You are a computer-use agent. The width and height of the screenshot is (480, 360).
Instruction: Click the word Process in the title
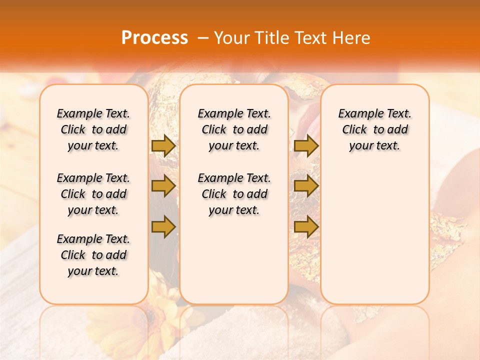tap(154, 38)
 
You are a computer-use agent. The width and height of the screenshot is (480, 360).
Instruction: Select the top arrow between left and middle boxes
tap(163, 145)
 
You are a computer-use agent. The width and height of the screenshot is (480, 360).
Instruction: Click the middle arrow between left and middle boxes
tap(163, 186)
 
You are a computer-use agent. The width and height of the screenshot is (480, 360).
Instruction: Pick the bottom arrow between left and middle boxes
tap(163, 227)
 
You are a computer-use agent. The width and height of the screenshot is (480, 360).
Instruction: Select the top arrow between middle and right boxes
tap(306, 145)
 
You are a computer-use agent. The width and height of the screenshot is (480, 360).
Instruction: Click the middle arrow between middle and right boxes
tap(306, 186)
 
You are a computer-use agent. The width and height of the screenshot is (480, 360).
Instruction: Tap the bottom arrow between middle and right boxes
tap(306, 227)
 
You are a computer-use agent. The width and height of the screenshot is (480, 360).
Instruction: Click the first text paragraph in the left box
tap(93, 129)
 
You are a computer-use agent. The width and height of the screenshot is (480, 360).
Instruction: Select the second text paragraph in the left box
tap(93, 194)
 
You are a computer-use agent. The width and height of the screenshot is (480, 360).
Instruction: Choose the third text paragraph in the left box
tap(93, 255)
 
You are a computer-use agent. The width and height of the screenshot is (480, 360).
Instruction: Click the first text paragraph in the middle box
tap(234, 129)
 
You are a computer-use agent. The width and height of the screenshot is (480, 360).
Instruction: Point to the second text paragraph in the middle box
tap(234, 194)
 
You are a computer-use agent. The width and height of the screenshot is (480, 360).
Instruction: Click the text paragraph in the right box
tap(374, 129)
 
